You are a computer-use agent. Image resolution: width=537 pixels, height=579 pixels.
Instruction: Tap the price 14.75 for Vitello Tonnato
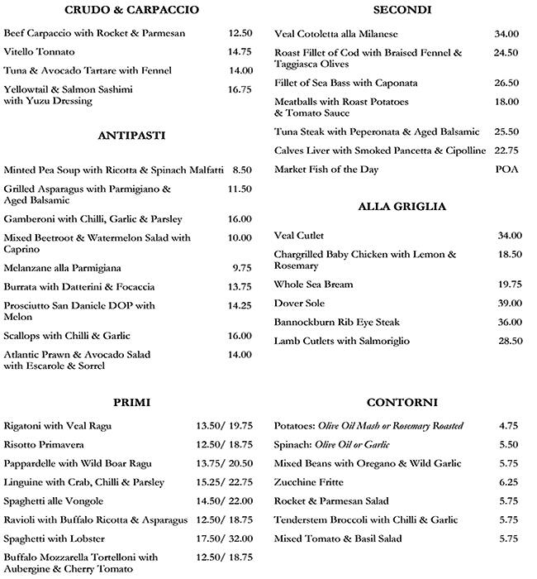[x=240, y=51]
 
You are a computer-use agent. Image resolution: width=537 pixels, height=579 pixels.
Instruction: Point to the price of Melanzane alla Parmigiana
[x=241, y=268]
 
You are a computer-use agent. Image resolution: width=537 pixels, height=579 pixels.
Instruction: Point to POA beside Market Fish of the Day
[x=506, y=170]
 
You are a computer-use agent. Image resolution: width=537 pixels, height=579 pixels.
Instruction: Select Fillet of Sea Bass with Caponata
[x=346, y=84]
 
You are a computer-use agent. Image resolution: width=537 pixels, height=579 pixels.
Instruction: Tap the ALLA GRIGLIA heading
[x=402, y=207]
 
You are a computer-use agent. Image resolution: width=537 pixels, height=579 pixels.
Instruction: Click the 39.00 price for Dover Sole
[x=508, y=304]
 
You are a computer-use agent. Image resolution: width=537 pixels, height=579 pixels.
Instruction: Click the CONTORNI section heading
[x=402, y=403]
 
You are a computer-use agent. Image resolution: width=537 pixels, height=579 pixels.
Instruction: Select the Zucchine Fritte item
[x=309, y=482]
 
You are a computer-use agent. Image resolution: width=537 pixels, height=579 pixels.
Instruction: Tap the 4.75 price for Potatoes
[x=508, y=426]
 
